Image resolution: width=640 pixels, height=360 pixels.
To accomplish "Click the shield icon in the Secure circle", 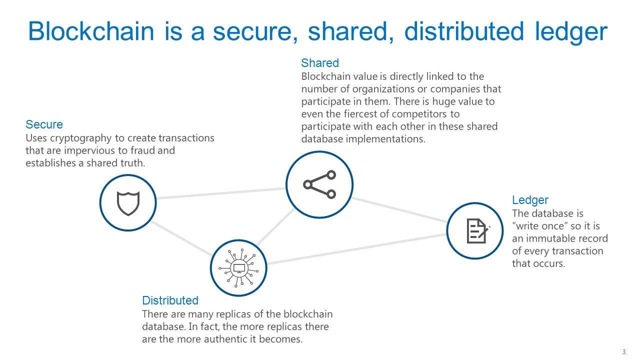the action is point(128,203).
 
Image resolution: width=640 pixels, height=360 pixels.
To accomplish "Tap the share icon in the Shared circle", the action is point(319,184).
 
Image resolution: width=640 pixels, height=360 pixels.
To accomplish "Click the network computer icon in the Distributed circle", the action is point(238,268).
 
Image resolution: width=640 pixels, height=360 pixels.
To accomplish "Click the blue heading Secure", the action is point(44,124).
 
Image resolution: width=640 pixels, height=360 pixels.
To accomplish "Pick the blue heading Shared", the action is point(319,63).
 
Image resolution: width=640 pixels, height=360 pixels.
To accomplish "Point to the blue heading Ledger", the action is point(530,200).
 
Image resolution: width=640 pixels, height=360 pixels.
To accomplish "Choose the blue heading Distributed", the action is point(170,300).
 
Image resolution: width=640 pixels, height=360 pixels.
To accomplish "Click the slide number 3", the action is point(623,352).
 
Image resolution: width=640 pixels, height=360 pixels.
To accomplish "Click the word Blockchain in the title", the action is point(91,31).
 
